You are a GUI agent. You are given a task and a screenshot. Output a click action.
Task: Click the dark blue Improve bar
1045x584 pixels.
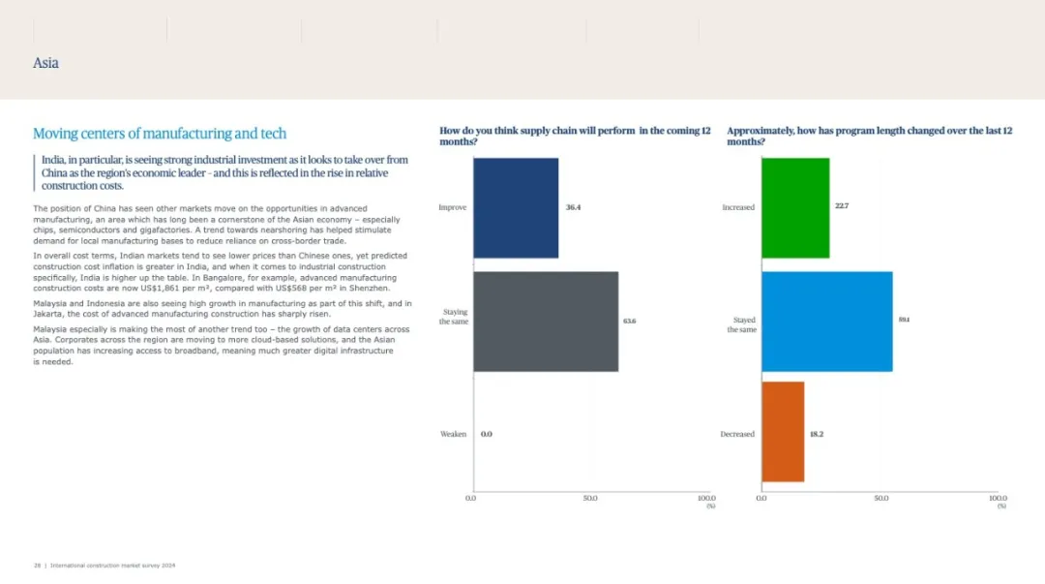tap(516, 207)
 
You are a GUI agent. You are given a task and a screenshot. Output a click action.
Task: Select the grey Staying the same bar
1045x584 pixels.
tap(546, 321)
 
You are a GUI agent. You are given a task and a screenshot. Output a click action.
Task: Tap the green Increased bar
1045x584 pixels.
tap(795, 207)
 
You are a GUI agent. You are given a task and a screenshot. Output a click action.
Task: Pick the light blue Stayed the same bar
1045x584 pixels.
tap(826, 321)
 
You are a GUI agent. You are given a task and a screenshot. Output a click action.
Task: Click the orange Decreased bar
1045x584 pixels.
tap(783, 432)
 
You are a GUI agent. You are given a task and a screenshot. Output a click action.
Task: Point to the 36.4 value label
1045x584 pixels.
tap(574, 207)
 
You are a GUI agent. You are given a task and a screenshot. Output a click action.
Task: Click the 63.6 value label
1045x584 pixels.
tap(630, 321)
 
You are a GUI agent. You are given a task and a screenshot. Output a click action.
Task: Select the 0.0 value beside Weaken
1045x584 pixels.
tap(487, 434)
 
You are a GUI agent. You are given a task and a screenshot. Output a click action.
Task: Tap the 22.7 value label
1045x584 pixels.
tap(842, 206)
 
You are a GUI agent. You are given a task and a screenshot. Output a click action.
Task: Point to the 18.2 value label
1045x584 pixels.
tap(817, 434)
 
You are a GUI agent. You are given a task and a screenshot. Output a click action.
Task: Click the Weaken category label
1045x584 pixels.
tap(454, 434)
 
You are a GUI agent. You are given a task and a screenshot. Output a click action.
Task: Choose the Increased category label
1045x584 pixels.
tap(738, 207)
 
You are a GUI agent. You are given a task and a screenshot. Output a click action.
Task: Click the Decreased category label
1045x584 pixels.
tap(737, 434)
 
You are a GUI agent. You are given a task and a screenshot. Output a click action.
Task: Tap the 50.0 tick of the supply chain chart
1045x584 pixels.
tap(590, 498)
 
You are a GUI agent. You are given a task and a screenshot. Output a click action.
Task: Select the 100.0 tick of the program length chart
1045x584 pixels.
tap(998, 498)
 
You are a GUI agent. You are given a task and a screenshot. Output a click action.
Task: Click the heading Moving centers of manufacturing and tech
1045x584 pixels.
tap(160, 134)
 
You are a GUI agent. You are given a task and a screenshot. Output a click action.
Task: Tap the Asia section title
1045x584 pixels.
tap(45, 63)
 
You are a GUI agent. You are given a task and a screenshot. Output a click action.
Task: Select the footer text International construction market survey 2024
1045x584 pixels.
tap(112, 566)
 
